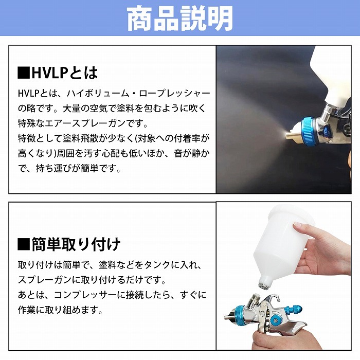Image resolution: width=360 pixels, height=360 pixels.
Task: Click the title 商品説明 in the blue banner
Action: (x=179, y=19)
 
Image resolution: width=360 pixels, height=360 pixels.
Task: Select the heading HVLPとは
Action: (x=64, y=73)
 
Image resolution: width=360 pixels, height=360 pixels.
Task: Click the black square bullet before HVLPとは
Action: (x=23, y=73)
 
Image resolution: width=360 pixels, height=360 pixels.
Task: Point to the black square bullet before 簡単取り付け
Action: (x=23, y=243)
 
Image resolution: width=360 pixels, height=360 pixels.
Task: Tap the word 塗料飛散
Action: (x=82, y=139)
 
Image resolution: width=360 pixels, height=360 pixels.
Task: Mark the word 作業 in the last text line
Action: (x=26, y=310)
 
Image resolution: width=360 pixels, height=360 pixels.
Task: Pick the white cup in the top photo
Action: (x=334, y=72)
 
